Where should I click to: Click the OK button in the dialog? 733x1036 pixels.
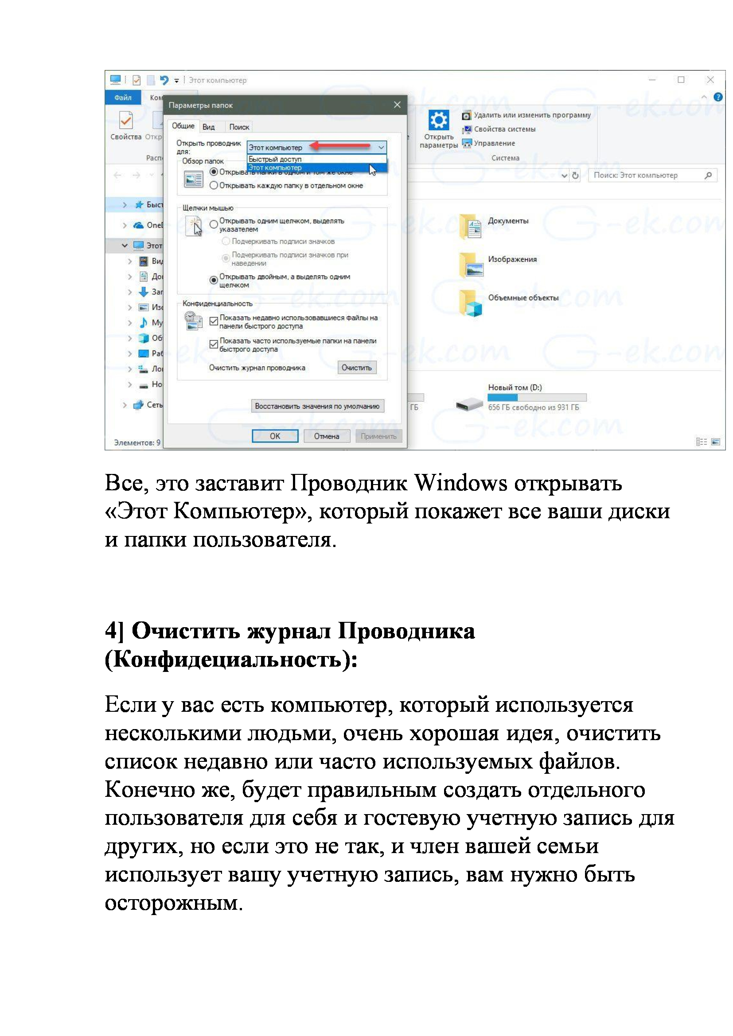275,436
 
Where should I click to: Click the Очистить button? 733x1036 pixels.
357,368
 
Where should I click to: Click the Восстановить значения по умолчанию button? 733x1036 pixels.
317,406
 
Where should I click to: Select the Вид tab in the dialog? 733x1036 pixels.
209,127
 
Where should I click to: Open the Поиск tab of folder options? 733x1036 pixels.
239,127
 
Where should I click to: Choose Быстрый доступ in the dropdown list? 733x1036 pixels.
275,159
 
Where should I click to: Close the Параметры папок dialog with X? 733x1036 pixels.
397,105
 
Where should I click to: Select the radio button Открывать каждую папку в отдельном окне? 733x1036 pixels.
214,186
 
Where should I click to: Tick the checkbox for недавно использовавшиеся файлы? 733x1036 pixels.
214,321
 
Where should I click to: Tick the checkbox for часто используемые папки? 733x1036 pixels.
214,344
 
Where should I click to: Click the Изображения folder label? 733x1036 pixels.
512,260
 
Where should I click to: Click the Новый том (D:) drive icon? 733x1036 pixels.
469,404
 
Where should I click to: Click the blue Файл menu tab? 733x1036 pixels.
123,97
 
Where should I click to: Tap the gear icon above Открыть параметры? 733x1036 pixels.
439,120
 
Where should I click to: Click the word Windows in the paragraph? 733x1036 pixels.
461,484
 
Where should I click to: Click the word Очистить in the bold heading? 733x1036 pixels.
186,631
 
